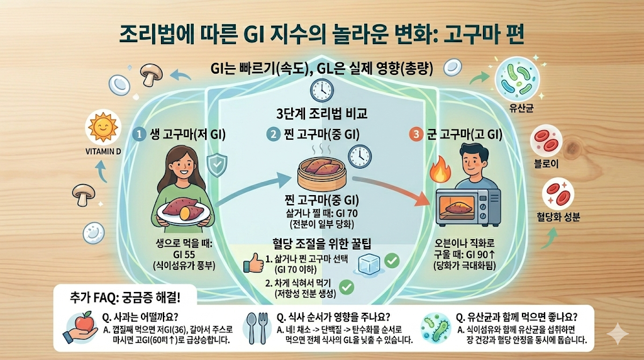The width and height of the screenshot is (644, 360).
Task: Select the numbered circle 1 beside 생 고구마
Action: tap(140, 133)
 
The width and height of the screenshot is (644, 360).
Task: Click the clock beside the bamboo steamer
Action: tap(360, 155)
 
